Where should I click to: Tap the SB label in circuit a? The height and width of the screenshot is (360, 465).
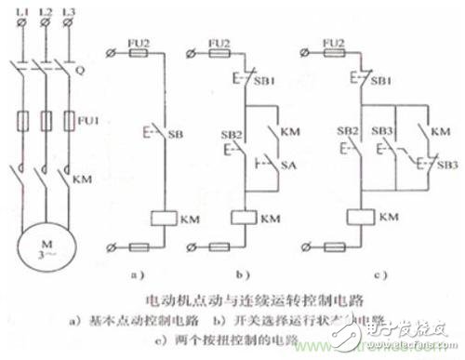(x=177, y=135)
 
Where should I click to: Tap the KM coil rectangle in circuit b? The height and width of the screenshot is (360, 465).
(x=242, y=220)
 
